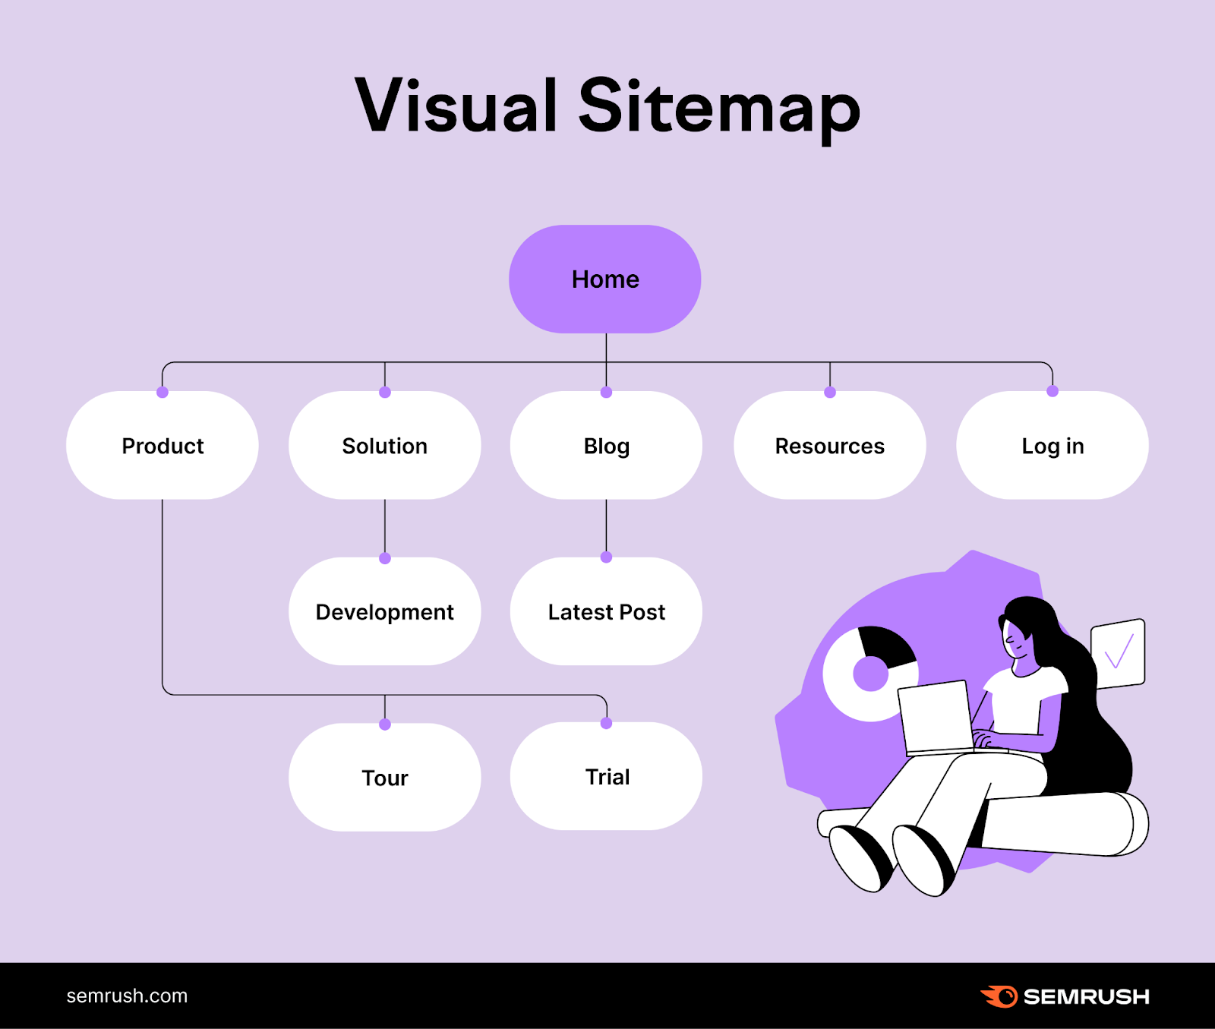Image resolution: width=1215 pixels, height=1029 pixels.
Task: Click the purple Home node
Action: (605, 279)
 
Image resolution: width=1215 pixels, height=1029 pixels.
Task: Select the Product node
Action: (163, 446)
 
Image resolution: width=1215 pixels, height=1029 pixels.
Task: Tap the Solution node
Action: (385, 446)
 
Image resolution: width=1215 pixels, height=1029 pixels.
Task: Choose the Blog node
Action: (606, 446)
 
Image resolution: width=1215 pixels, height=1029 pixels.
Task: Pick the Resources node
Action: (829, 446)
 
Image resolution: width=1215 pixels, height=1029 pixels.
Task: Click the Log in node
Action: (1052, 446)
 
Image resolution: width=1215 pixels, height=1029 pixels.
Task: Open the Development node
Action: (385, 612)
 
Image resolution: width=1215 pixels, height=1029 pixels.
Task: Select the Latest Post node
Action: (606, 612)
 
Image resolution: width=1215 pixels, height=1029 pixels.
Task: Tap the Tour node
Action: (385, 778)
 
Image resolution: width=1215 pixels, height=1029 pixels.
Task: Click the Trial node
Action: (606, 777)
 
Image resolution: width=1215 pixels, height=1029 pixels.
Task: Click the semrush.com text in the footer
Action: (127, 996)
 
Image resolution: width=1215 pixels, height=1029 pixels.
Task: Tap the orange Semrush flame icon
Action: (999, 996)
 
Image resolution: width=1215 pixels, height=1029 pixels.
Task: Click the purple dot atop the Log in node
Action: (1052, 391)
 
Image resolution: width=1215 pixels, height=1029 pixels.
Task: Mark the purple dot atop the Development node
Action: (385, 558)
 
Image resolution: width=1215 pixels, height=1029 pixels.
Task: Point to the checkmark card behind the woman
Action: (1118, 653)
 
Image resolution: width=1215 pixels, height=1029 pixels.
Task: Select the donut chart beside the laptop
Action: (869, 673)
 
